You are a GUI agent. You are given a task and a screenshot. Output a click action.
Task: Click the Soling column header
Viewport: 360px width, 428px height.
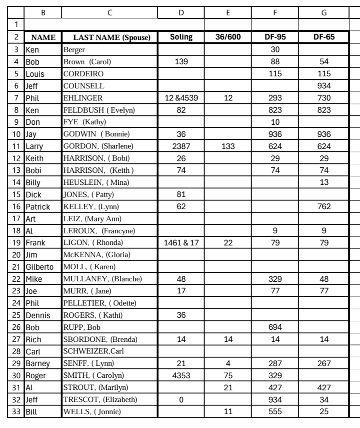coord(181,37)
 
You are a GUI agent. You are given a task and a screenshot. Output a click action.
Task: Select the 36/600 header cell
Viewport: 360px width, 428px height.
coord(228,37)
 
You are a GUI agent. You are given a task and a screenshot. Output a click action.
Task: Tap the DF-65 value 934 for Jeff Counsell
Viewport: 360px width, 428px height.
coord(323,85)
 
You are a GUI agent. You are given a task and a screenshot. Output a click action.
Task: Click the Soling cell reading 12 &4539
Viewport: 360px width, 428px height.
coord(181,97)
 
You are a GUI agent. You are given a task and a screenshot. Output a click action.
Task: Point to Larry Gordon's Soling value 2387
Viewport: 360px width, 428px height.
coord(181,146)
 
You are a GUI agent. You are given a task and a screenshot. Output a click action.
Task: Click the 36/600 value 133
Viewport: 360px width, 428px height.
coord(228,146)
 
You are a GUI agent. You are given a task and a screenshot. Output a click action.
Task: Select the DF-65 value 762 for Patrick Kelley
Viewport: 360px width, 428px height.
coord(323,206)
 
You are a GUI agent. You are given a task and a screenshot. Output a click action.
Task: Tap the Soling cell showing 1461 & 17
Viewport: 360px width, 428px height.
coord(181,242)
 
